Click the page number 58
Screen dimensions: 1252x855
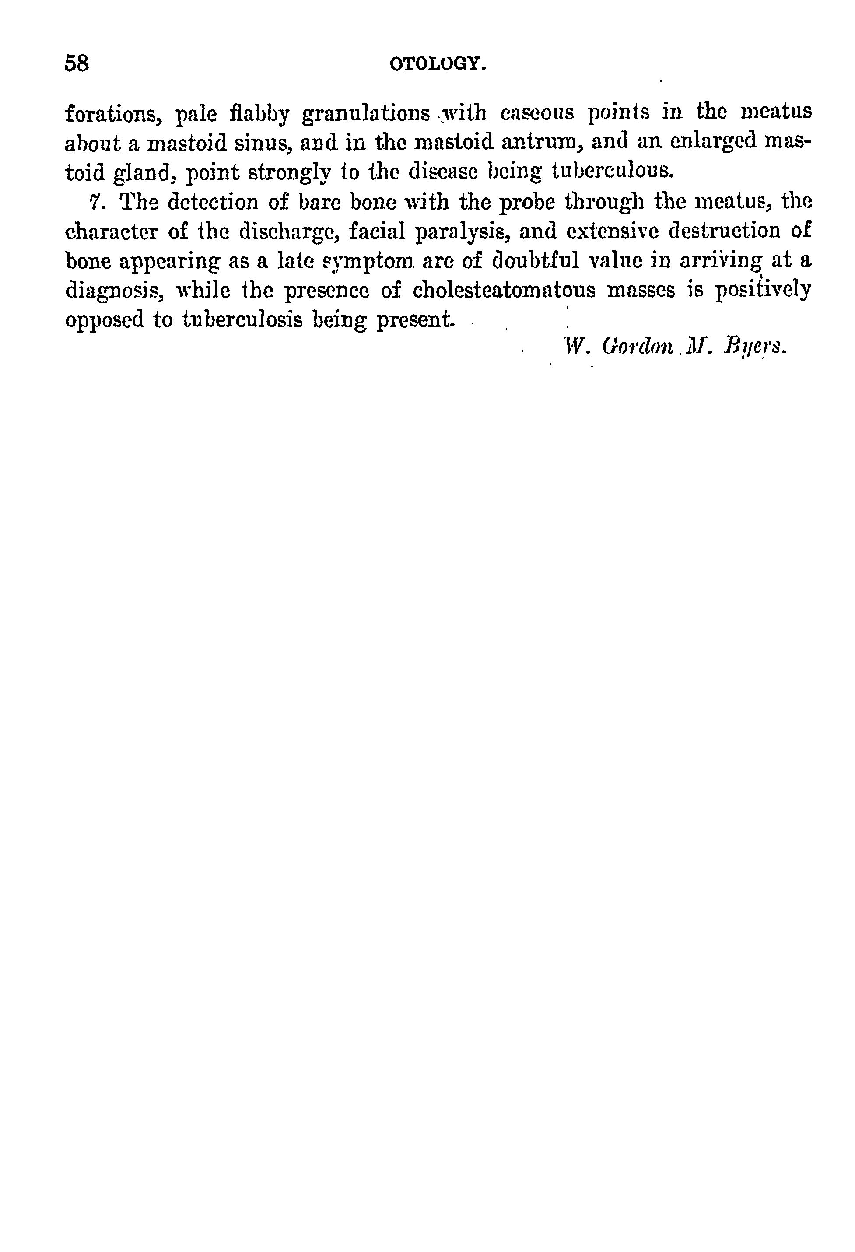pyautogui.click(x=77, y=63)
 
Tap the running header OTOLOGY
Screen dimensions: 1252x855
pyautogui.click(x=438, y=65)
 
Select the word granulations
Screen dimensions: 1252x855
pyautogui.click(x=365, y=113)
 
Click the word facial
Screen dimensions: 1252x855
pyautogui.click(x=377, y=231)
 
